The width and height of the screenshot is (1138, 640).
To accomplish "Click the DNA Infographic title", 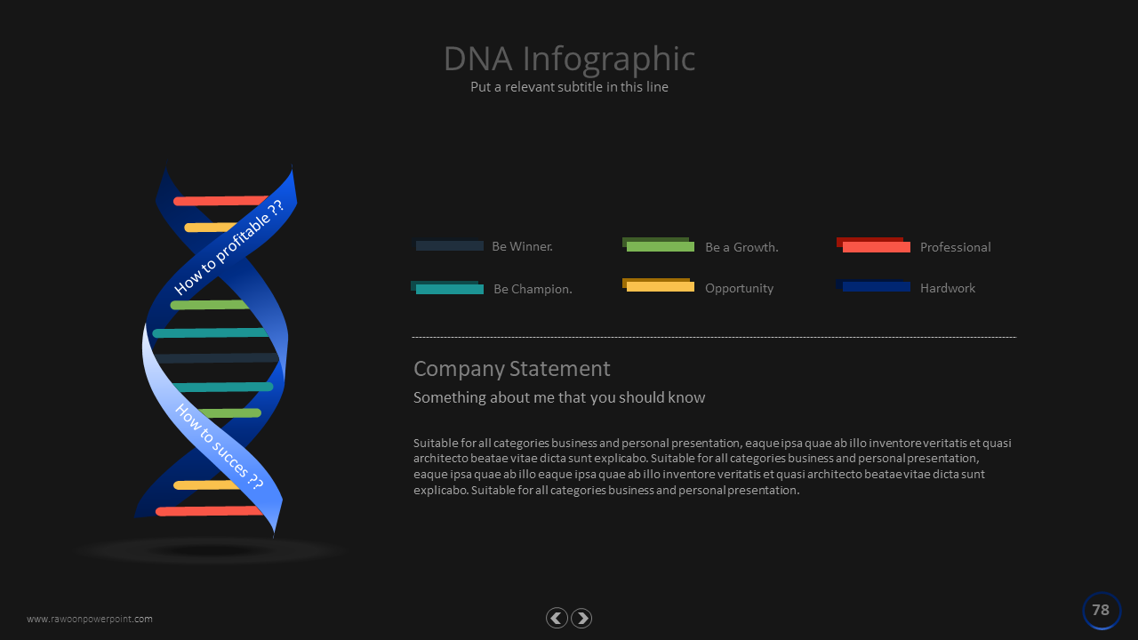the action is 569,60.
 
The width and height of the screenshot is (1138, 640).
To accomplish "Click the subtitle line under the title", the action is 569,87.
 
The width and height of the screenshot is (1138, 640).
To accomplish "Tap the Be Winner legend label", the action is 522,246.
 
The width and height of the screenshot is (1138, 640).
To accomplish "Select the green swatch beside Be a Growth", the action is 659,244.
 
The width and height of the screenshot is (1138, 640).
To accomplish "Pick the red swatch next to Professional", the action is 873,244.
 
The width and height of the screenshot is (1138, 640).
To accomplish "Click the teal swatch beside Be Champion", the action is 447,287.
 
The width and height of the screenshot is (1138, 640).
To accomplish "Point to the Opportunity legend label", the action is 739,289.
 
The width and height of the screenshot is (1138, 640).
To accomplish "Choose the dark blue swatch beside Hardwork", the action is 873,285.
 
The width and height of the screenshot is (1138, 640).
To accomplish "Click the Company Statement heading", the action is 511,369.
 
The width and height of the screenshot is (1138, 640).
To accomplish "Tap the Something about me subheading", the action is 559,397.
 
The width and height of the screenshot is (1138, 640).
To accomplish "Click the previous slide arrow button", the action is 557,618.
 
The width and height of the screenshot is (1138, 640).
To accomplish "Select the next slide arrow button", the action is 581,618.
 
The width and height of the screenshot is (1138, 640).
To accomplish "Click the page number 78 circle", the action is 1102,610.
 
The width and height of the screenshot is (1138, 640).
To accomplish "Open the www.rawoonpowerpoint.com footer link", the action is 90,619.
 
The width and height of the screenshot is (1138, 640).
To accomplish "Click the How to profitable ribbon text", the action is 228,247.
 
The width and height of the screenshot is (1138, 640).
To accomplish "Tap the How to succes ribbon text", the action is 220,447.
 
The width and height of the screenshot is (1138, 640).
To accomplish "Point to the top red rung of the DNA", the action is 220,201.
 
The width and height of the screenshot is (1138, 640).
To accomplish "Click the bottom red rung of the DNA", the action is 209,511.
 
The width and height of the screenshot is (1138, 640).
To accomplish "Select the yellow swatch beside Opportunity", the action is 659,285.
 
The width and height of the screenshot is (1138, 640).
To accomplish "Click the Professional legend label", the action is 956,247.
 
